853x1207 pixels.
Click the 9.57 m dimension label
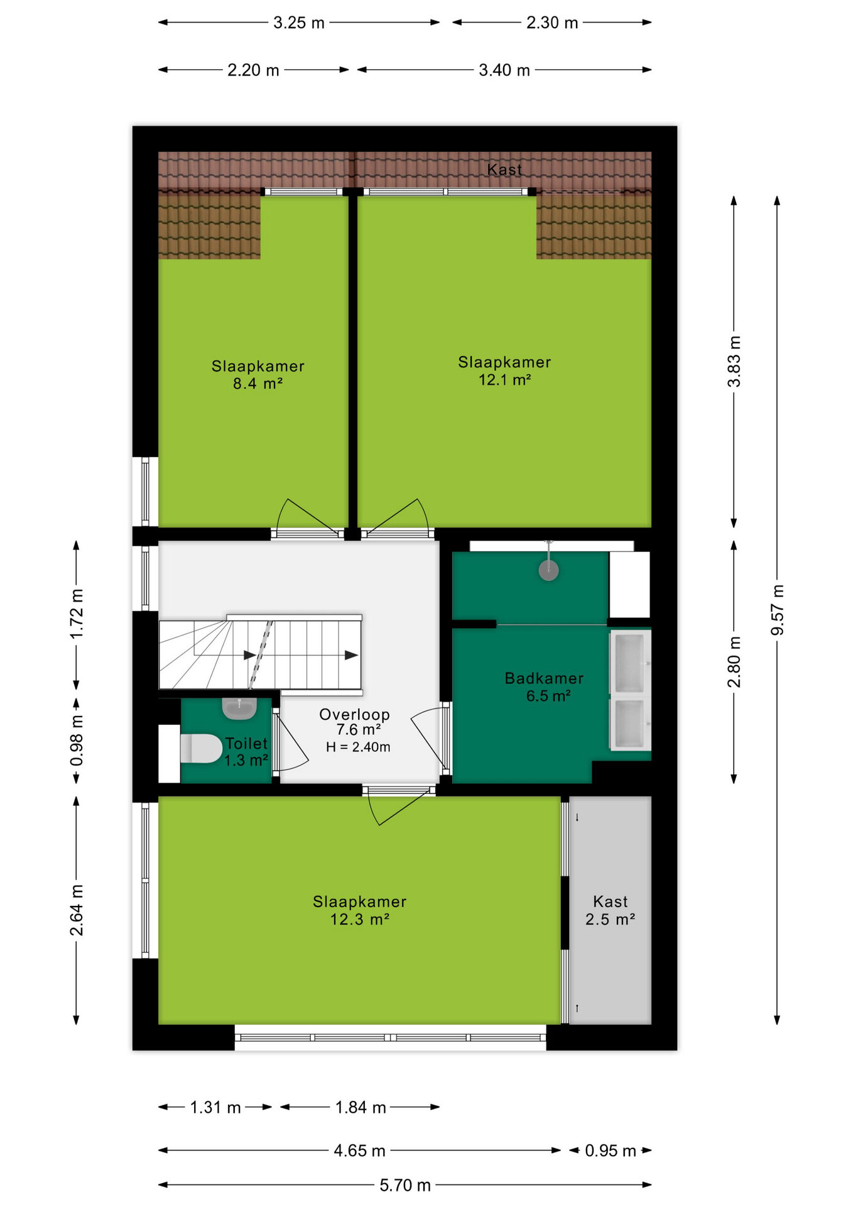coord(778,610)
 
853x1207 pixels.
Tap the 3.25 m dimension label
coord(299,23)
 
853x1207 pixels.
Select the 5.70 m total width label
coord(405,1185)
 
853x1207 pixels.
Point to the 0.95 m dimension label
coord(611,1150)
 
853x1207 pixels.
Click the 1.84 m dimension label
coord(361,1107)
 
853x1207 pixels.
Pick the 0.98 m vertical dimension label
coord(77,741)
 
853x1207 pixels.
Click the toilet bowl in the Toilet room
coord(201,748)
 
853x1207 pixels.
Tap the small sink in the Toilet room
coord(239,708)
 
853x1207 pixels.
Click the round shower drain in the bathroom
coord(549,571)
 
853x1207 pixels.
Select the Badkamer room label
coord(544,678)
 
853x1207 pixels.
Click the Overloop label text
coord(354,714)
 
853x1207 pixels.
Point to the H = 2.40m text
coord(358,747)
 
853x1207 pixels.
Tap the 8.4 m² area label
coord(258,383)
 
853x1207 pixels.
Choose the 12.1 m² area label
coord(505,380)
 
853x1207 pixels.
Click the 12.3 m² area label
coord(360,919)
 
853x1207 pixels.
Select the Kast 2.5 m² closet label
coord(611,910)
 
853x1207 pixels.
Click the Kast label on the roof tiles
coord(504,169)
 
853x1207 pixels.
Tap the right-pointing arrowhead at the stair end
coord(352,655)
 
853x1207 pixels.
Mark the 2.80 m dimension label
coord(734,662)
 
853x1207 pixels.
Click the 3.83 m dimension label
coord(734,361)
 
